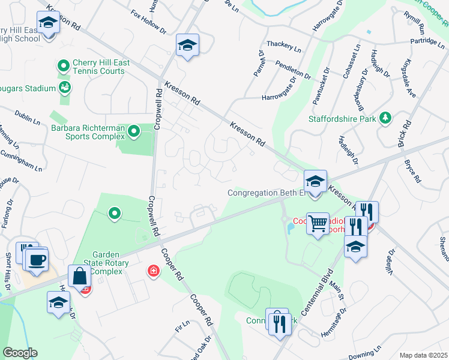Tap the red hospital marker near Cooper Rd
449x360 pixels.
(154, 272)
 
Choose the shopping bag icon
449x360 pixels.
(80, 277)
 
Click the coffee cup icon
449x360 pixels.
(37, 260)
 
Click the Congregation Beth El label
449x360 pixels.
(267, 193)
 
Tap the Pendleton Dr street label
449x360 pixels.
(293, 69)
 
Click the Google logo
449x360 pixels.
(20, 353)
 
